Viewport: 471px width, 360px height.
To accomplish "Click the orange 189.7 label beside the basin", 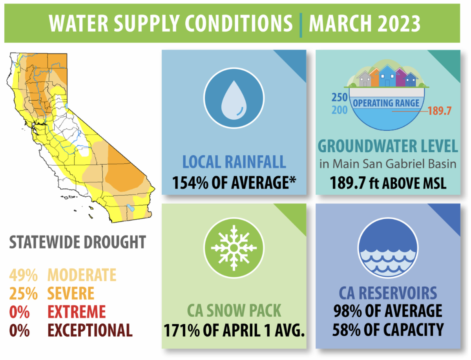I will tap(440, 111).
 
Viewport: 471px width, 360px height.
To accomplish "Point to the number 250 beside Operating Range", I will tap(339, 98).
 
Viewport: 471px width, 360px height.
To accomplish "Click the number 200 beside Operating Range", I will tap(339, 110).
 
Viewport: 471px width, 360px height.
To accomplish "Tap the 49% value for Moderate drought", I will tap(23, 275).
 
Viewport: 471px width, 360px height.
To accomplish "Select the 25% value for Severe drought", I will tap(23, 293).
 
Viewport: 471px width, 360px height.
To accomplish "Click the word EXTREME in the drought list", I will tap(77, 312).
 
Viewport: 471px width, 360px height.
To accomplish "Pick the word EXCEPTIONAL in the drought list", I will tap(90, 330).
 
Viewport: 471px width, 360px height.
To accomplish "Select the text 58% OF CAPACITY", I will tap(388, 330).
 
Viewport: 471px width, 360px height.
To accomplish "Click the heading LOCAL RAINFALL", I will tap(234, 163).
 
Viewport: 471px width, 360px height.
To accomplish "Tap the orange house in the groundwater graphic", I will tap(374, 78).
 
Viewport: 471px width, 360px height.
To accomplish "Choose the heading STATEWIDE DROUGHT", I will tap(77, 242).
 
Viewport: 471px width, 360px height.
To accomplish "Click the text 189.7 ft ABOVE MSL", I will tap(388, 183).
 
